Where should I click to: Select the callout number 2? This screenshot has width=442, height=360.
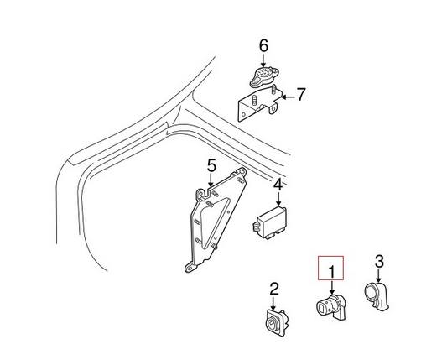[273, 290]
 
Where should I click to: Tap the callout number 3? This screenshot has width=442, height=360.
[379, 262]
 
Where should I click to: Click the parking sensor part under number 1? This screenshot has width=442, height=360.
[330, 307]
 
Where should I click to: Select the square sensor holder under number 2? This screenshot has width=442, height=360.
[273, 324]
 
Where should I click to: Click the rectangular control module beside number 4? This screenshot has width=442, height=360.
[267, 219]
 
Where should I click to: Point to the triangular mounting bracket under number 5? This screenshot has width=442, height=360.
[216, 222]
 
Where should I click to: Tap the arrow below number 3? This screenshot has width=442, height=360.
[378, 276]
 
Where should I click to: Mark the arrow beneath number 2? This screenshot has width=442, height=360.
[273, 304]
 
